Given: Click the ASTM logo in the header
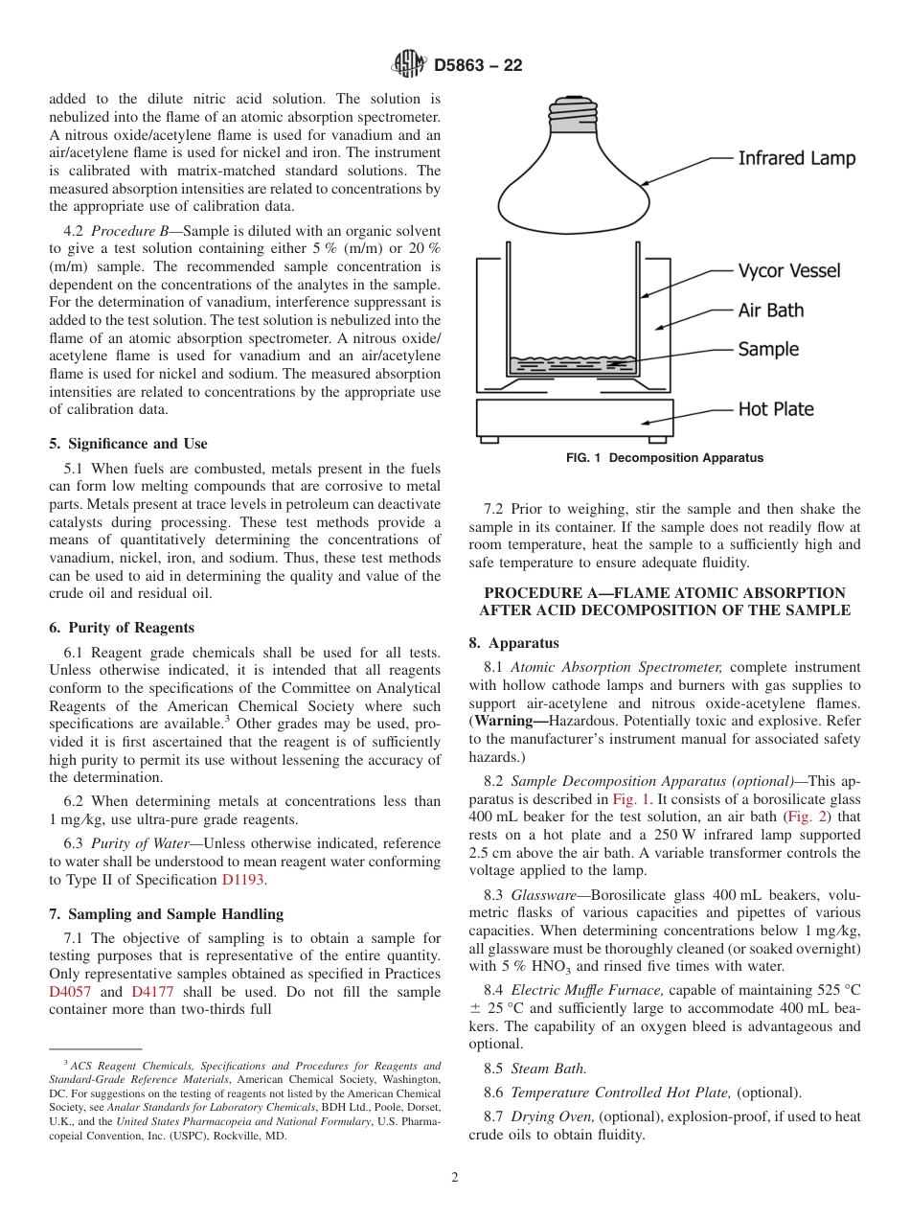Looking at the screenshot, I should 409,64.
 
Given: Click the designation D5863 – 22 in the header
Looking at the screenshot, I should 478,65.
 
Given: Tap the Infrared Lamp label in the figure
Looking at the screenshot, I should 796,158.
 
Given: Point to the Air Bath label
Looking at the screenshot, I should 770,310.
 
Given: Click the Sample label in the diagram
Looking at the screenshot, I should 767,350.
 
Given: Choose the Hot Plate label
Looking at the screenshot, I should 775,409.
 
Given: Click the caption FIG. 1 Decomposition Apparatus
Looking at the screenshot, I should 665,458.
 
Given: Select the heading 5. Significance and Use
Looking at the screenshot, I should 127,444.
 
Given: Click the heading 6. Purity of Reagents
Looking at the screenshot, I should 121,628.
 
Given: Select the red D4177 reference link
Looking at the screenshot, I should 150,992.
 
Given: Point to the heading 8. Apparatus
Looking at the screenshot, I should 513,643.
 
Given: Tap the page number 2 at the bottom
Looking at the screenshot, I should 455,1178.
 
